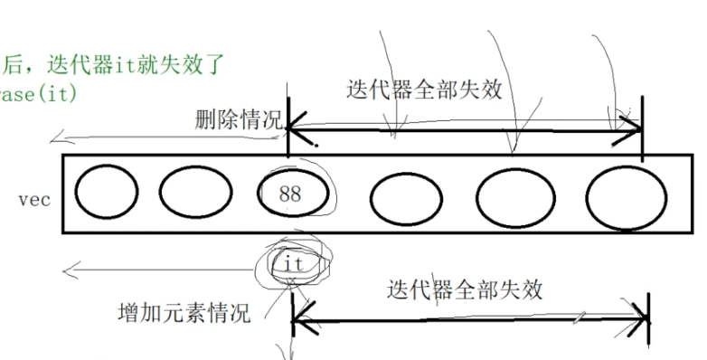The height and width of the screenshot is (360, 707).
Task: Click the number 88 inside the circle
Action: pyautogui.click(x=290, y=194)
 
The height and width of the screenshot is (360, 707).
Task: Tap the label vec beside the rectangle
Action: pyautogui.click(x=33, y=198)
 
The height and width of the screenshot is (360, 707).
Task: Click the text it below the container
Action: pyautogui.click(x=291, y=265)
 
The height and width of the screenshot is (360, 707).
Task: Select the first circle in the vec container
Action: pyautogui.click(x=107, y=193)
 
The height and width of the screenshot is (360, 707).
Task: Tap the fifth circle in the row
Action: pyautogui.click(x=514, y=194)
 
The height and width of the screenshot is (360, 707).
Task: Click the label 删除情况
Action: pyautogui.click(x=238, y=120)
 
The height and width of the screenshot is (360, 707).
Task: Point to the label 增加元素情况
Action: pyautogui.click(x=184, y=313)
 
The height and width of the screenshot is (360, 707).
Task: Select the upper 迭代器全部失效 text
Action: pyautogui.click(x=424, y=90)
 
